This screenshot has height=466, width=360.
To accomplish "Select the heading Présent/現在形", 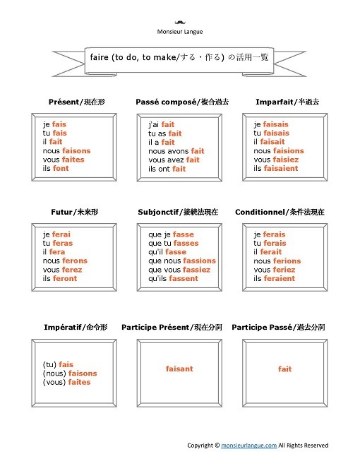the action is tap(72, 102).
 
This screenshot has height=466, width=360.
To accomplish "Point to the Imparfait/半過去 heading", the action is tap(287, 102).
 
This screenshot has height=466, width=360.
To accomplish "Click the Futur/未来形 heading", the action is tap(72, 212).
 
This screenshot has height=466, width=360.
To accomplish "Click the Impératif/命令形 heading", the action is tap(75, 328).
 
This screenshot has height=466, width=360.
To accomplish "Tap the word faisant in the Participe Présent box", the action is tap(179, 369).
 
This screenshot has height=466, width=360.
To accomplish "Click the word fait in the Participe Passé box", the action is tap(284, 369).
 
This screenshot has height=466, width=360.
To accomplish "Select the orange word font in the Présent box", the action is tap(61, 169).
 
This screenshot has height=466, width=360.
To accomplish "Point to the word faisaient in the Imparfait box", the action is tap(280, 169).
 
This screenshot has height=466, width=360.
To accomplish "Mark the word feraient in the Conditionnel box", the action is tap(280, 278).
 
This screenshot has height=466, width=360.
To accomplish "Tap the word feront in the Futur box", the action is tap(64, 278).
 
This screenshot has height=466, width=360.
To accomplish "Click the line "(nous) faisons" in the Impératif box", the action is tap(70, 374).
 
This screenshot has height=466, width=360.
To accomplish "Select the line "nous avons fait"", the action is tap(176, 150).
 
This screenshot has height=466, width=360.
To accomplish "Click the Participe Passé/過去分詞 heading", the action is tap(278, 328).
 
